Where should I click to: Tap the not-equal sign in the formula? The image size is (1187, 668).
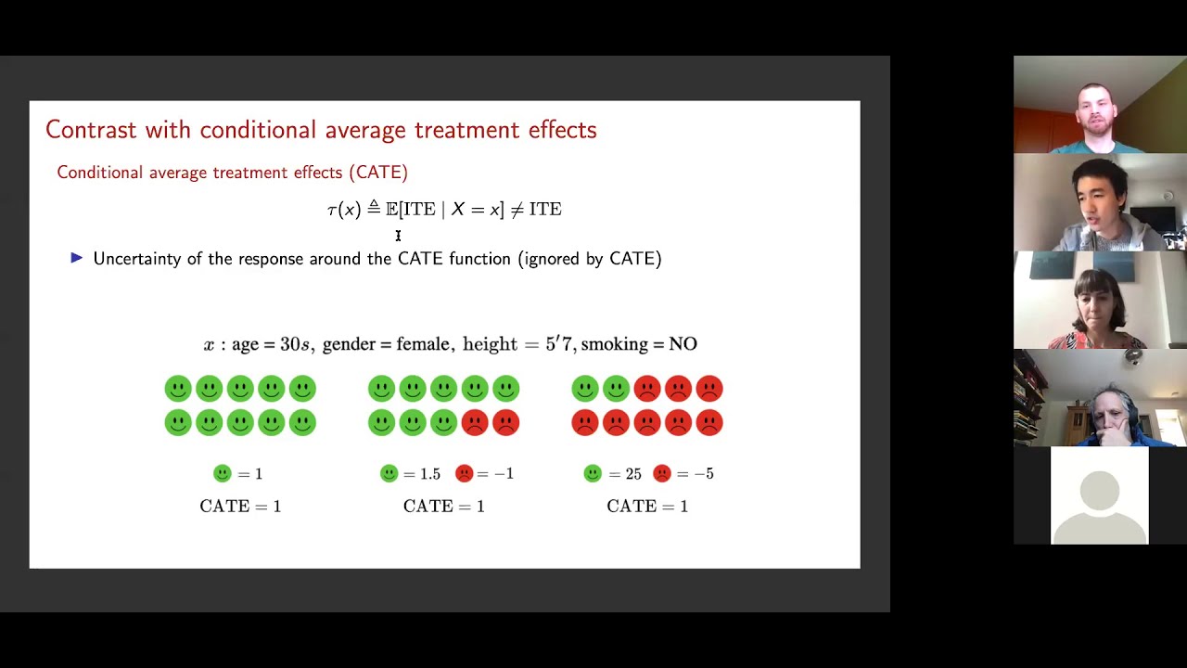tap(517, 210)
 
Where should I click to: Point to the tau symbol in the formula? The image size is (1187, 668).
tap(332, 211)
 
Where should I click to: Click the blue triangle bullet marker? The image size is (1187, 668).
tap(77, 258)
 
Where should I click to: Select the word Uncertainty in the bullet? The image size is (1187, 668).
tap(136, 259)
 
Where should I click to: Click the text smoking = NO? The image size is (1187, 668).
tap(639, 344)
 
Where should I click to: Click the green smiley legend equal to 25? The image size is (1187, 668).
tap(593, 474)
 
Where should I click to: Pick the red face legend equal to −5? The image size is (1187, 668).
tap(662, 474)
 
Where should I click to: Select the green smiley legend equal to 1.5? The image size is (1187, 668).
tap(389, 474)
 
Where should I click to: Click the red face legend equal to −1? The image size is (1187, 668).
tap(465, 474)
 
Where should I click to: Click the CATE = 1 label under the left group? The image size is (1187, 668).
tap(240, 507)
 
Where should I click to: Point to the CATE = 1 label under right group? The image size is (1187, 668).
tap(647, 507)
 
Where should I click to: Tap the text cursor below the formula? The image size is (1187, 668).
tap(398, 237)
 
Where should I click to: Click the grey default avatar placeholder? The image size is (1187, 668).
tap(1099, 496)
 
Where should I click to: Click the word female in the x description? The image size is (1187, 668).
tap(423, 344)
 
